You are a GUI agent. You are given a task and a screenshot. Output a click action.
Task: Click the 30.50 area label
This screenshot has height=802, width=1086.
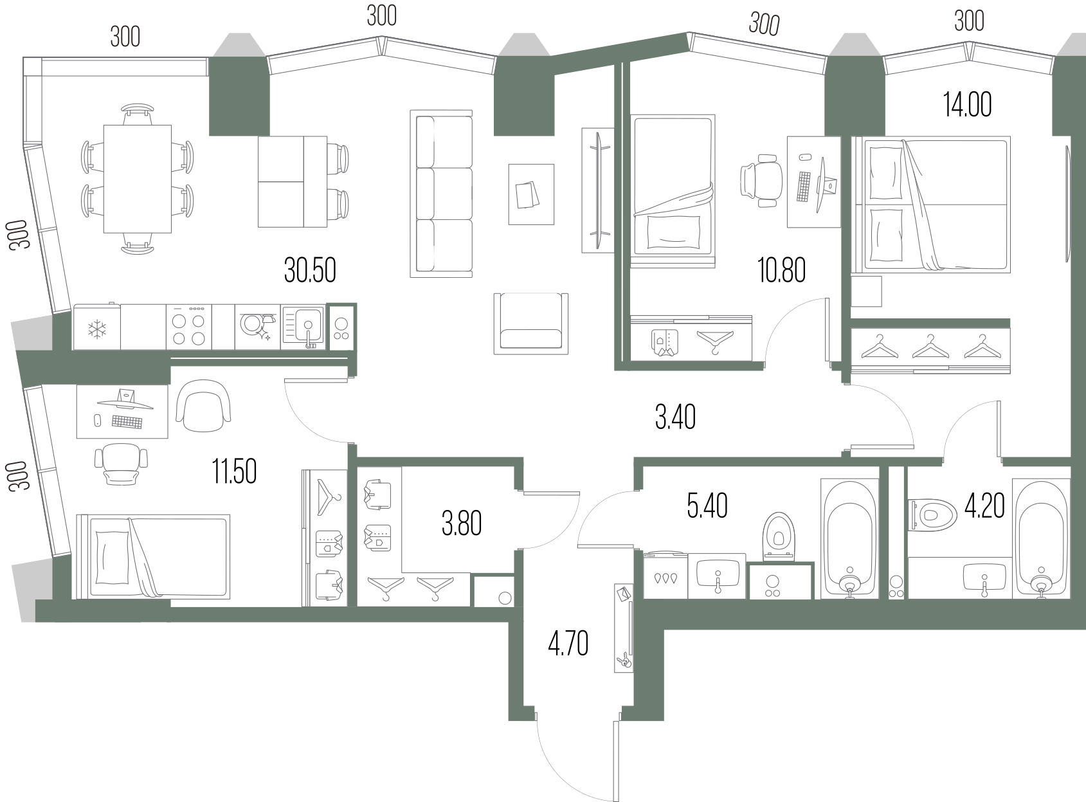coord(310,270)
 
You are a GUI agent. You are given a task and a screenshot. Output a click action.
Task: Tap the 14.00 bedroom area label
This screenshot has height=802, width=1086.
coord(967,105)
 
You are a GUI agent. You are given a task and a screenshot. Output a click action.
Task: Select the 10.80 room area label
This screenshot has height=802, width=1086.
coord(781,270)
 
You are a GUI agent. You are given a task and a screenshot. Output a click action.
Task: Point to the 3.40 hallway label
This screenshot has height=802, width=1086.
coord(675,417)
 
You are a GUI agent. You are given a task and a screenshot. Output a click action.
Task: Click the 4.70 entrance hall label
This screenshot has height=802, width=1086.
coord(568,644)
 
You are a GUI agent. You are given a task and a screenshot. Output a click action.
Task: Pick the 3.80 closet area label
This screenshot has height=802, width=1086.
coord(461,524)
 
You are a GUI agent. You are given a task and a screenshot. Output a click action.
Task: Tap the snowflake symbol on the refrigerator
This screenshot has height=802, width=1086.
coord(97,329)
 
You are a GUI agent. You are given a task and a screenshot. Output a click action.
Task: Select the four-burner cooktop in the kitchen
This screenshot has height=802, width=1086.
coord(188,327)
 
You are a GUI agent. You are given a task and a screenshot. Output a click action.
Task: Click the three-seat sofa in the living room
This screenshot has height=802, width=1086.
coord(441,194)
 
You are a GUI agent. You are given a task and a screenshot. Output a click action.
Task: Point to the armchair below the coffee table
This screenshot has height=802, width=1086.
coord(530,324)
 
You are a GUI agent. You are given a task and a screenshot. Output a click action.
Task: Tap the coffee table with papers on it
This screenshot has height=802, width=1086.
coord(531,194)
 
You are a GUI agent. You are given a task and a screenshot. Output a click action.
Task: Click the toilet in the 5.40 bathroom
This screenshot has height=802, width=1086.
coord(779,536)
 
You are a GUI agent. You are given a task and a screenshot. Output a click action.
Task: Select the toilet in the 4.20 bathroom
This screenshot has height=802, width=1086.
coord(932,515)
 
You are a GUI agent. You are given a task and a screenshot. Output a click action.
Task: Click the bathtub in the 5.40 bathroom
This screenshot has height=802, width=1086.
coord(849,539)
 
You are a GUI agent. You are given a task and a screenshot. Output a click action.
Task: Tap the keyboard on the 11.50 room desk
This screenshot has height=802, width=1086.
coord(127,421)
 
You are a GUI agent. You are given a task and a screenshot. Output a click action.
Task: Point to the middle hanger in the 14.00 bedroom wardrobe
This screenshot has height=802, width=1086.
coord(930,347)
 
